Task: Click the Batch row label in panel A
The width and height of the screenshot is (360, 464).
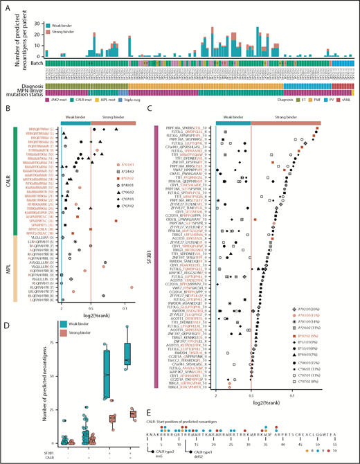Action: (x=37, y=63)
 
